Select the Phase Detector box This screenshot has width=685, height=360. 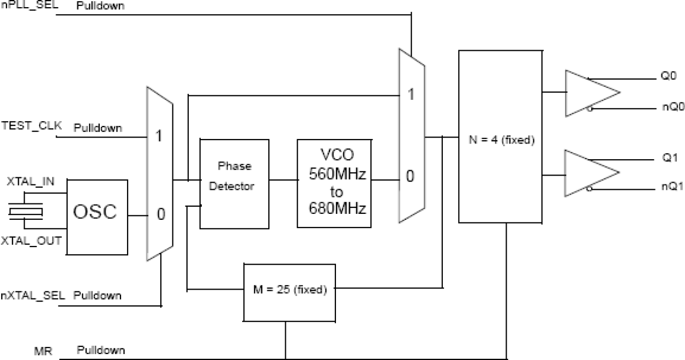[x=234, y=176]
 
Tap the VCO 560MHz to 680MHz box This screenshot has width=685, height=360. [x=333, y=183]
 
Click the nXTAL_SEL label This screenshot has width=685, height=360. [x=33, y=295]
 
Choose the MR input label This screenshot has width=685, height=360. [x=43, y=351]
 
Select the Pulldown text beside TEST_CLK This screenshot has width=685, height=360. [x=98, y=128]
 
